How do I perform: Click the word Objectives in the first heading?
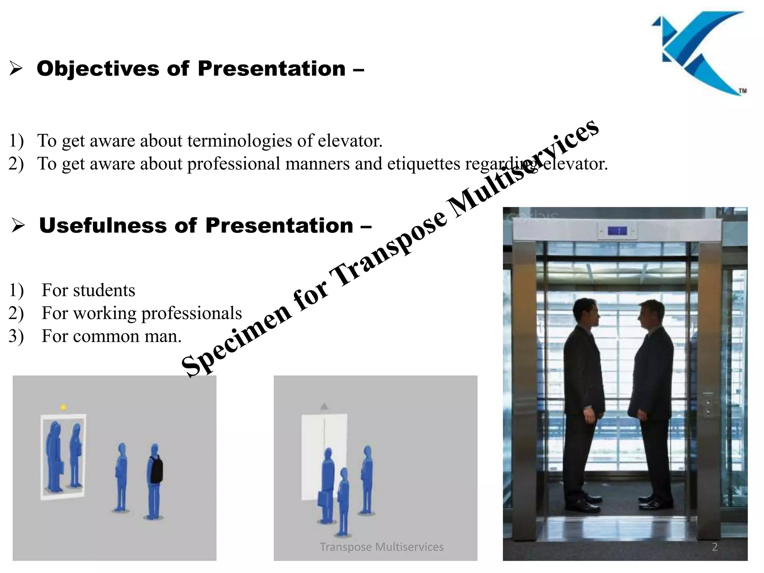coord(98,69)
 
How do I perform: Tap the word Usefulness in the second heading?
coord(103,226)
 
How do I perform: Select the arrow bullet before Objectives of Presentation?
coord(16,69)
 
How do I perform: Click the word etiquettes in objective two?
coord(424,164)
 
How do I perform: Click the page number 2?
coord(715,547)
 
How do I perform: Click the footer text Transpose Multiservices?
coord(382,547)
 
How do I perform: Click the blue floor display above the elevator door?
coord(617,231)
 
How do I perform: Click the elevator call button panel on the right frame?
coord(708,405)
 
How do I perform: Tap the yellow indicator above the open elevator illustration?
coord(63,407)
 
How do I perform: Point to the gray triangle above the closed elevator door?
coord(324,406)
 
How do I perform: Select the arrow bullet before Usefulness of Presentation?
coord(18,226)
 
